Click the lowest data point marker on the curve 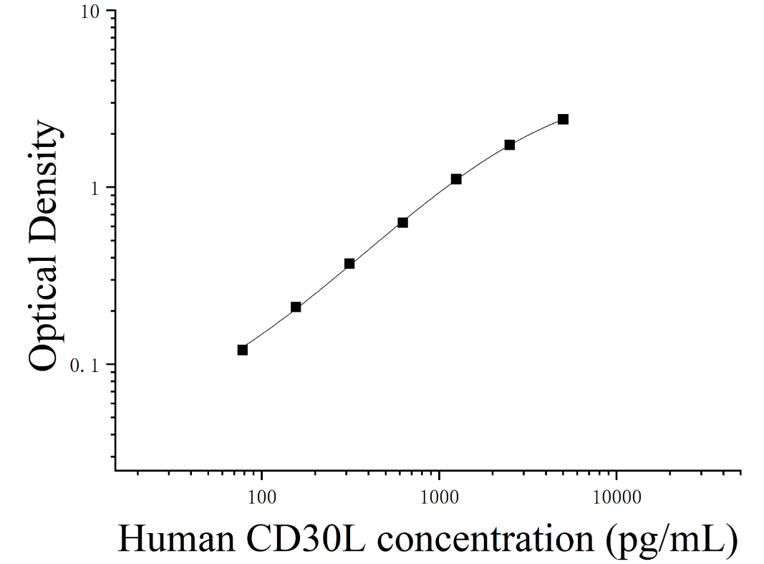pos(242,350)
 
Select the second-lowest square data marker pos(296,307)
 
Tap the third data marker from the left pos(349,264)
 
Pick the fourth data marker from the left pos(402,223)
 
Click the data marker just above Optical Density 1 pos(456,179)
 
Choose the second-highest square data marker pos(510,145)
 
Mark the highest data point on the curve pos(564,120)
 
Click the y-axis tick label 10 pos(90,12)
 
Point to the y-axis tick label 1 pos(95,188)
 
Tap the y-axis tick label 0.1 pos(84,365)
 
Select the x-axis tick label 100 pos(261,497)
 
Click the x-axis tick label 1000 pos(440,497)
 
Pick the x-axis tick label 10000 pos(616,497)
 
